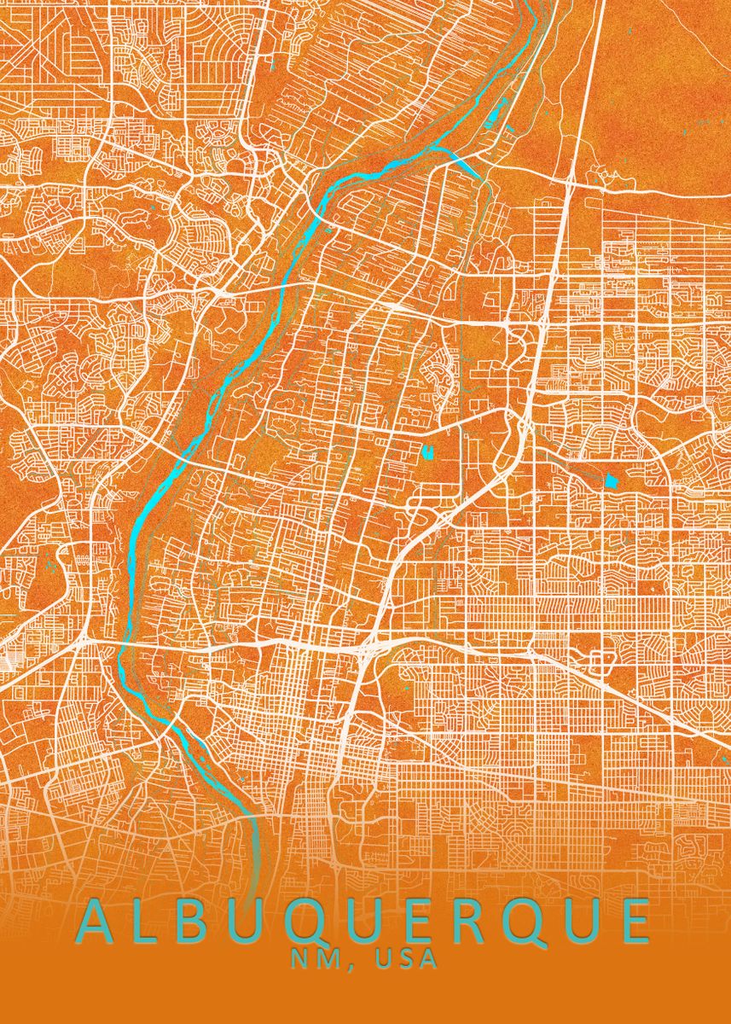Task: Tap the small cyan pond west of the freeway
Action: (426, 451)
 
